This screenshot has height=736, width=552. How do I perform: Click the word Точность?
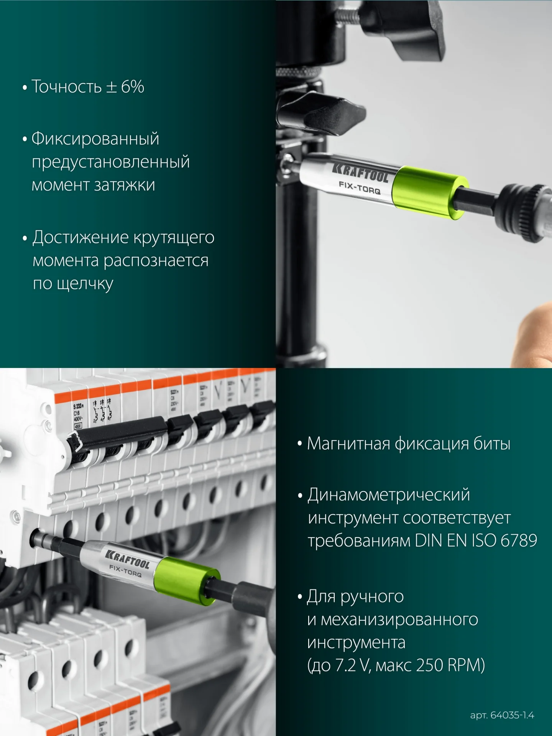click(66, 87)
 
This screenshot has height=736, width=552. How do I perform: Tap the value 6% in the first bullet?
click(133, 87)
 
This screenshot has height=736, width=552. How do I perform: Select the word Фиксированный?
click(95, 138)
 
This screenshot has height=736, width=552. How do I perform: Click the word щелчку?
click(85, 284)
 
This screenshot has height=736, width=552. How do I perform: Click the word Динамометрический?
click(389, 495)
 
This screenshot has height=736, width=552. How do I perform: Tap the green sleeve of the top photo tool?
click(429, 193)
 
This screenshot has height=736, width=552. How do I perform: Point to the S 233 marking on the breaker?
click(78, 406)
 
